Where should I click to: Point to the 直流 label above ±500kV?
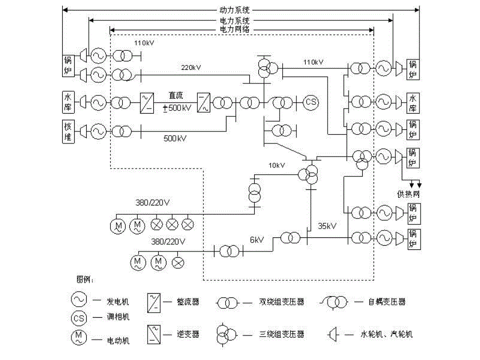(175, 95)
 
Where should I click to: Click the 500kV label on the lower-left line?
(175, 139)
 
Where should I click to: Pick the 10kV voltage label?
(277, 165)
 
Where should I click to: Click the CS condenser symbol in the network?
(311, 102)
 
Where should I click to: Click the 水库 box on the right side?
(413, 101)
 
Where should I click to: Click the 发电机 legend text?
(118, 302)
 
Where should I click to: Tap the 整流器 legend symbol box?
(154, 302)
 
